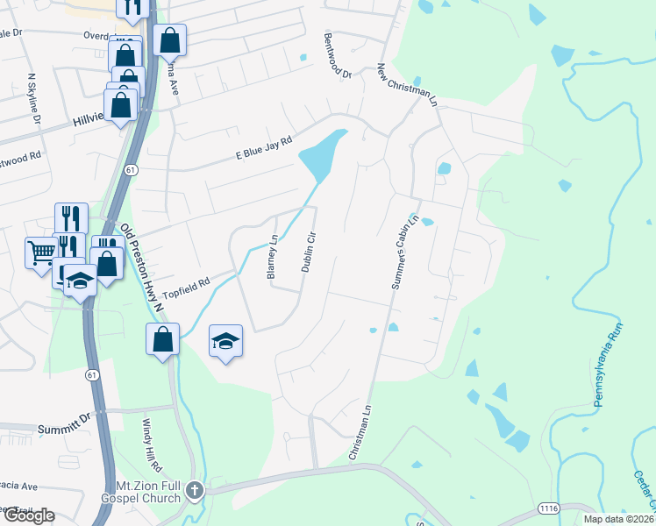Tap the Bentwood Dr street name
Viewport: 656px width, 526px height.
coord(338,57)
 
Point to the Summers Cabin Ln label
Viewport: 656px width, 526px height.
coord(404,253)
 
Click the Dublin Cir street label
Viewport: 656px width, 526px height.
coord(308,252)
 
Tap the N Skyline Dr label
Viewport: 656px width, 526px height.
coord(35,98)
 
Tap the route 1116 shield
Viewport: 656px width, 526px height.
coord(549,509)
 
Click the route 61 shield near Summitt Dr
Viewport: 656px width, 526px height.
coord(92,375)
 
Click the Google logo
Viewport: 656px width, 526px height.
coord(29,515)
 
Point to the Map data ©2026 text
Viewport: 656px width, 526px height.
coord(619,519)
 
